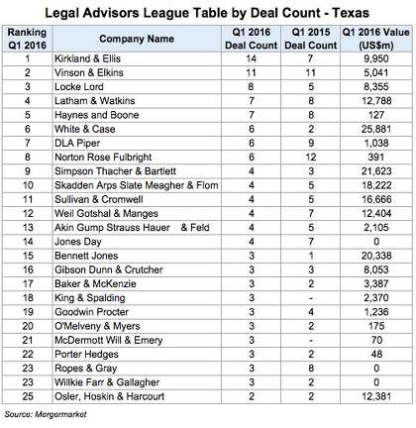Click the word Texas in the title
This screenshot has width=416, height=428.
351,13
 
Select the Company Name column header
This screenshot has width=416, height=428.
137,39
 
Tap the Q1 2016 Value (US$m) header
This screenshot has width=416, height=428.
376,39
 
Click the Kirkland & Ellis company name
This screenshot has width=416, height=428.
87,58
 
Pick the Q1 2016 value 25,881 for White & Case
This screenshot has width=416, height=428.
376,129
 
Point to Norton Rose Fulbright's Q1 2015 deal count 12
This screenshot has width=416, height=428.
311,158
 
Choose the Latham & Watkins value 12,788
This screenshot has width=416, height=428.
376,101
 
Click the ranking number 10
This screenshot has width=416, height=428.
28,185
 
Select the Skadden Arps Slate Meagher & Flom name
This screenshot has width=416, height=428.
137,185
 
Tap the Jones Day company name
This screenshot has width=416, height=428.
78,242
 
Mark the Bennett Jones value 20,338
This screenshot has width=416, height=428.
376,256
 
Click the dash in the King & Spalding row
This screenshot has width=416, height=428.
311,298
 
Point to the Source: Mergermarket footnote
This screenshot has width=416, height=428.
46,414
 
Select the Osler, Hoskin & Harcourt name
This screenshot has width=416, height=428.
109,396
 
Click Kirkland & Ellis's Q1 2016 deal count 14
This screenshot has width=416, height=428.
251,58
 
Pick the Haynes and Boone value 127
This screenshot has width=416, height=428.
376,115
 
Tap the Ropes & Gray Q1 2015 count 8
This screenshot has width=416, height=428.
311,369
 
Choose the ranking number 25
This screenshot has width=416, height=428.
28,396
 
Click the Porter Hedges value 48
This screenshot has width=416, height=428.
376,354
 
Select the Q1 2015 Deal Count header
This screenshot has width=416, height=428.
311,39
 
